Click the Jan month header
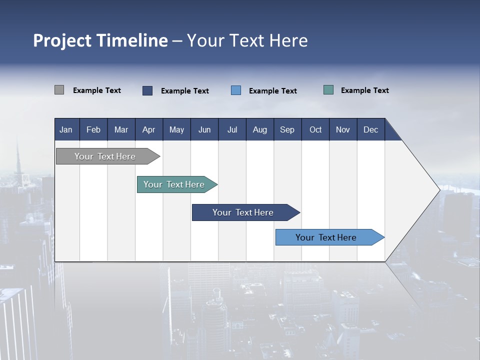pos(66,129)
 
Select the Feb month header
pos(93,129)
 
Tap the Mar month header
pos(121,129)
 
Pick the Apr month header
pos(149,129)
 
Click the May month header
pos(176,129)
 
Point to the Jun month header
pos(204,129)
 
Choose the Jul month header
pos(232,129)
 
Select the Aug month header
pos(260,129)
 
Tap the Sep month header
pos(287,129)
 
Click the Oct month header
pos(315,129)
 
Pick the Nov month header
pos(343,129)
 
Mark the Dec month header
pos(371,129)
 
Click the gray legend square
pos(59,90)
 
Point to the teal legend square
pos(328,90)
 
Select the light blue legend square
pos(236,90)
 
